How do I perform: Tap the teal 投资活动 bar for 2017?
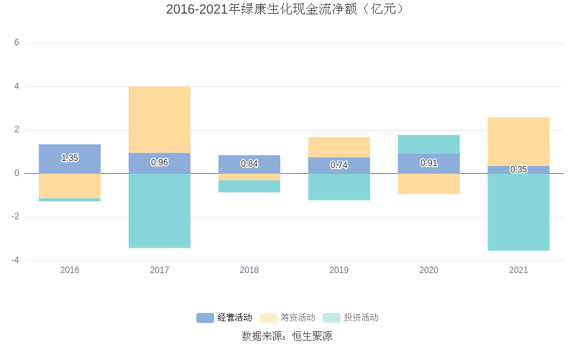[160, 211]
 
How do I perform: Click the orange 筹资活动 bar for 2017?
[160, 119]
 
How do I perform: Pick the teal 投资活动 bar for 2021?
[518, 212]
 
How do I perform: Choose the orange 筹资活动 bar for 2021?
[518, 142]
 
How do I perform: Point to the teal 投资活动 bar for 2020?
[428, 144]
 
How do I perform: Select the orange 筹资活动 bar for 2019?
[339, 147]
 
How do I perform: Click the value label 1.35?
[70, 158]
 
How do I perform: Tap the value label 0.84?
[249, 164]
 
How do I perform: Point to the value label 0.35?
[518, 170]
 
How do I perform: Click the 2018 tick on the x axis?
[249, 270]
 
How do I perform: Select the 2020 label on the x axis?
[428, 270]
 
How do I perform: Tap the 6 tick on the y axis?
[17, 43]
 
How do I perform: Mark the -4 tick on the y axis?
[15, 260]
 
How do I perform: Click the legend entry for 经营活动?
[224, 318]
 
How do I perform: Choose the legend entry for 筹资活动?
[287, 318]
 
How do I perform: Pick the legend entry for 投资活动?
[351, 318]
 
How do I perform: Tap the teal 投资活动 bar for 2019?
[339, 187]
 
